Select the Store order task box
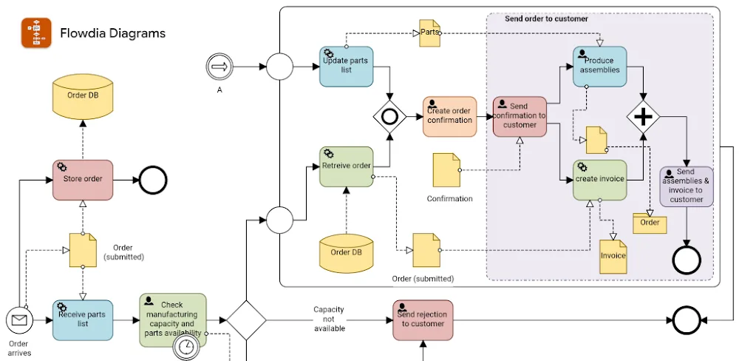(83, 180)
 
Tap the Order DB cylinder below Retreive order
(346, 252)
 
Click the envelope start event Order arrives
(20, 320)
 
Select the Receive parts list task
(83, 320)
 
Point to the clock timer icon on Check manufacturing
(185, 347)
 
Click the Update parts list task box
(347, 67)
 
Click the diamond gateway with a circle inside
(389, 116)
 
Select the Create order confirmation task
(450, 116)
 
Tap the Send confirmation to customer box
(520, 116)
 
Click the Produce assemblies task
(599, 67)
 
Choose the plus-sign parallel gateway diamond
(644, 116)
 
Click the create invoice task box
(599, 180)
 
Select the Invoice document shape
(613, 254)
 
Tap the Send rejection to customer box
(422, 320)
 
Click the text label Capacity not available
(329, 319)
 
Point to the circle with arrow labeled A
(219, 67)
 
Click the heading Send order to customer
(546, 18)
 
